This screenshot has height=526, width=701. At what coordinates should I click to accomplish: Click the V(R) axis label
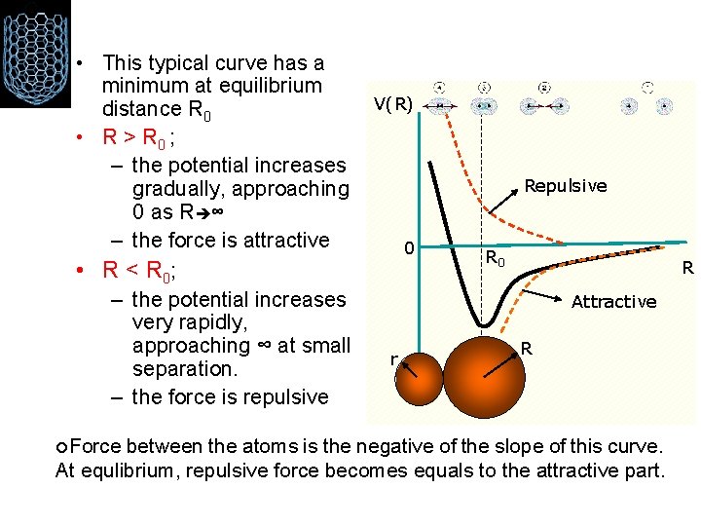click(x=392, y=104)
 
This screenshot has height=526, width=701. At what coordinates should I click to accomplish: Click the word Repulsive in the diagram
click(x=565, y=185)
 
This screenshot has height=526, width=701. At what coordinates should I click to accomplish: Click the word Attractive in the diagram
click(x=613, y=301)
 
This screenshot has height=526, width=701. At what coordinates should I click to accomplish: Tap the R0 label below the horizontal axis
click(x=496, y=259)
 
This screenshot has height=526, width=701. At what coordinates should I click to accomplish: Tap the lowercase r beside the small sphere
click(x=392, y=359)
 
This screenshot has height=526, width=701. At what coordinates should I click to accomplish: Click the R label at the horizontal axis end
click(x=686, y=267)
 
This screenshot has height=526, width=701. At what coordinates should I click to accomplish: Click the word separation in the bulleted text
click(x=178, y=369)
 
